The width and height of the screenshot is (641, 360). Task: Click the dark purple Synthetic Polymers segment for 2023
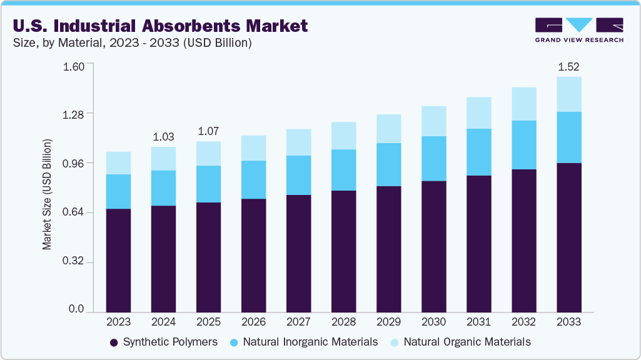coord(118,260)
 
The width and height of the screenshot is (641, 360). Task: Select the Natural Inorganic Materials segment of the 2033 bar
coord(568,137)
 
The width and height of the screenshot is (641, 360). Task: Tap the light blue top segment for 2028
coord(343,136)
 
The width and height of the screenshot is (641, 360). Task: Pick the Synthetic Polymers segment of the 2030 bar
coord(433,246)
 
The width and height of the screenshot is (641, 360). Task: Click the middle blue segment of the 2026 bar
coord(253,180)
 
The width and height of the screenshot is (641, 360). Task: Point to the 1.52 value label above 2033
coord(568,66)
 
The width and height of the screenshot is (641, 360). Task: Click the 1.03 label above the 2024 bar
coord(163,136)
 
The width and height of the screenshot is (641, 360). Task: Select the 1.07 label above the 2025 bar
coord(208,131)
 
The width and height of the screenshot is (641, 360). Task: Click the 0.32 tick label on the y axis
coord(74,262)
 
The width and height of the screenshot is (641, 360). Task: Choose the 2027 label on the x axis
coord(298,322)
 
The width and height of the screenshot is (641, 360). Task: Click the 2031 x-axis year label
coord(478,322)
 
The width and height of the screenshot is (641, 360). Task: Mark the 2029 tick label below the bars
coord(388,322)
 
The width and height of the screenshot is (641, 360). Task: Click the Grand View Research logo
coord(579,30)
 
